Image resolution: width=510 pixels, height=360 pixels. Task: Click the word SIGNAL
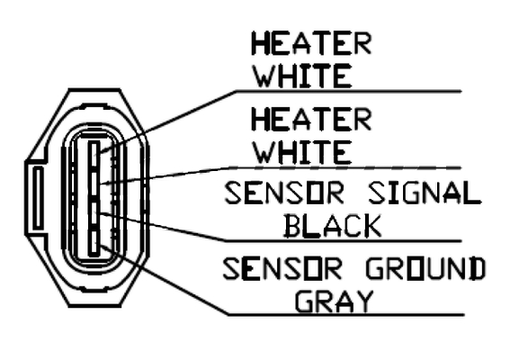[424, 193]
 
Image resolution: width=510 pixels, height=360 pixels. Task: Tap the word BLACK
[333, 226]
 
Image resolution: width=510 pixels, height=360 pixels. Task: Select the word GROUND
[425, 269]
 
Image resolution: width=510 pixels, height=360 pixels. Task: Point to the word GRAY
[335, 301]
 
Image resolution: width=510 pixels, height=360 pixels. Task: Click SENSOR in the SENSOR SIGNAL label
[284, 193]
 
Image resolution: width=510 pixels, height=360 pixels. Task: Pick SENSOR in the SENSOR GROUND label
[282, 269]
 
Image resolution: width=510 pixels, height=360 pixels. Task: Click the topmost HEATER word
[311, 43]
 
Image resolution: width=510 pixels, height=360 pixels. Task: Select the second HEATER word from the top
[311, 120]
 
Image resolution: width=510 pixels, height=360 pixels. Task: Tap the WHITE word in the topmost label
[303, 76]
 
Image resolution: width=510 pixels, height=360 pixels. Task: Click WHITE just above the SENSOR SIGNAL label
[303, 152]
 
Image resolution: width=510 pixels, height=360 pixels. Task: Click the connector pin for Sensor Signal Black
[94, 213]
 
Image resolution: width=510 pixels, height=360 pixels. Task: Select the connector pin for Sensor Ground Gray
[94, 243]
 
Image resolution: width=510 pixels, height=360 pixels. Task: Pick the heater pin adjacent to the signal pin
[94, 184]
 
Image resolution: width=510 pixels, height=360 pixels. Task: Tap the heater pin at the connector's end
[94, 154]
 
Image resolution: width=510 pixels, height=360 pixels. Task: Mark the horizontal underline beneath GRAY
[345, 315]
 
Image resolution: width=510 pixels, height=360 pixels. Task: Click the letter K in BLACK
[372, 226]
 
